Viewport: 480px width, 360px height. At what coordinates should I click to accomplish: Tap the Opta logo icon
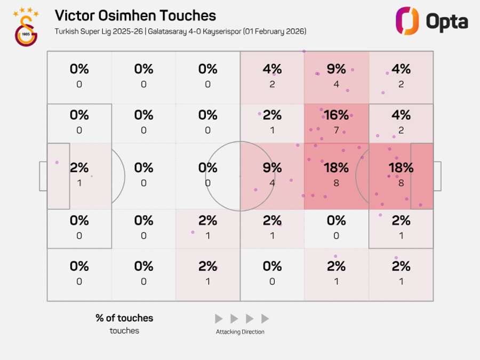tap(407, 21)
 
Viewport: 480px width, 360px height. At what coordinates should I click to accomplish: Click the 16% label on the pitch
tap(337, 115)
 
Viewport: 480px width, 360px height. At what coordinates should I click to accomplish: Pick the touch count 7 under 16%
tap(337, 130)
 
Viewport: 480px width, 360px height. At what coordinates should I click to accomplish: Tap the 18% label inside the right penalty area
tap(401, 167)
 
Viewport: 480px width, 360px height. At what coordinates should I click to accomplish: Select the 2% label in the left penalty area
tap(79, 167)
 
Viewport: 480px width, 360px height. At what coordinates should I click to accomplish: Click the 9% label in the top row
tap(337, 69)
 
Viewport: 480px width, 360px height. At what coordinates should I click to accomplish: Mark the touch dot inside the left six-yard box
tap(57, 162)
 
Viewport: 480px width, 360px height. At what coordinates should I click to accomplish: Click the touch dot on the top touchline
tap(304, 51)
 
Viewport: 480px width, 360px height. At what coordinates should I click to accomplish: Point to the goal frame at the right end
tap(437, 176)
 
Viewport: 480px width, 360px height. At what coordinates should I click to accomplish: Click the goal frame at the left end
tap(43, 176)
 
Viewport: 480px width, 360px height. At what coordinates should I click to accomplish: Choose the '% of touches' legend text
tap(124, 318)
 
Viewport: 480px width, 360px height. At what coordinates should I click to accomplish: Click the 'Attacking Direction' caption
tap(240, 332)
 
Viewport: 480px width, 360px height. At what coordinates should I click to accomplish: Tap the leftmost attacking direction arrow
tap(219, 319)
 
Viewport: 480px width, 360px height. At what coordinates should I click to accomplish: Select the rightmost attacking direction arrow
tap(265, 319)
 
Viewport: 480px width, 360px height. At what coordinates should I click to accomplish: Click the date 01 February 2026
tap(276, 31)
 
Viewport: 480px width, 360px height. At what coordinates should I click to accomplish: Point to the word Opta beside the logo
tap(447, 22)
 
